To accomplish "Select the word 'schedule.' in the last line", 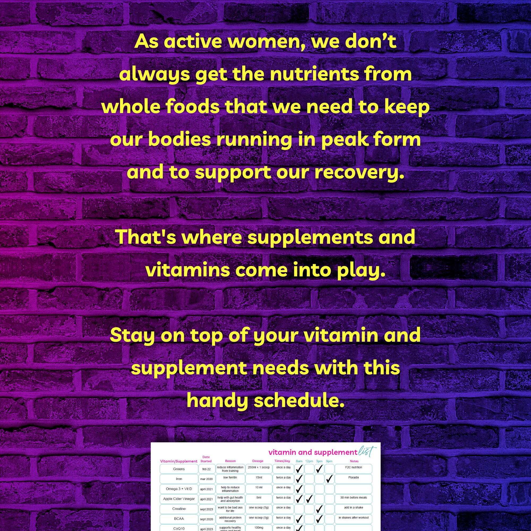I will click(299, 401).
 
